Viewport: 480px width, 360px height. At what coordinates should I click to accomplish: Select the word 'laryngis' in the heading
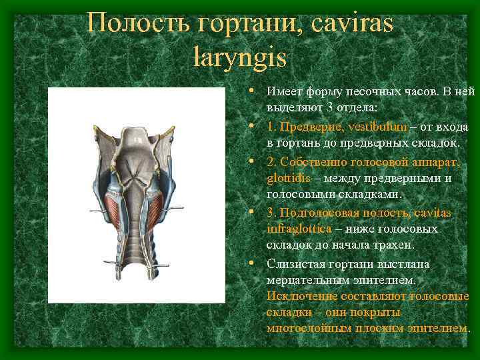click(x=239, y=57)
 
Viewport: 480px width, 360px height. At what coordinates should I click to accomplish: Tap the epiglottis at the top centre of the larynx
click(x=137, y=141)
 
